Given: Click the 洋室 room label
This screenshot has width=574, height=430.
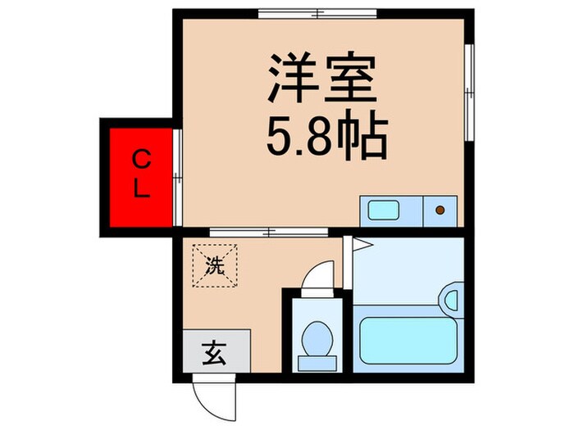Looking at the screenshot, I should [x=321, y=79].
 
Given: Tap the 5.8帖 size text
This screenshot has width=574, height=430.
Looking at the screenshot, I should [x=326, y=138].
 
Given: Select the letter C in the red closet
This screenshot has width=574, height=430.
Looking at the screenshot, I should [x=141, y=157].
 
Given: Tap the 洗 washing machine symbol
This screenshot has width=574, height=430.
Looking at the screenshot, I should [x=213, y=265].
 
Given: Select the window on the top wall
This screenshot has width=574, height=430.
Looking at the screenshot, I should [x=318, y=14].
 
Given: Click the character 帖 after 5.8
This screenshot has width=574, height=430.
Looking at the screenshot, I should [x=367, y=138].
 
